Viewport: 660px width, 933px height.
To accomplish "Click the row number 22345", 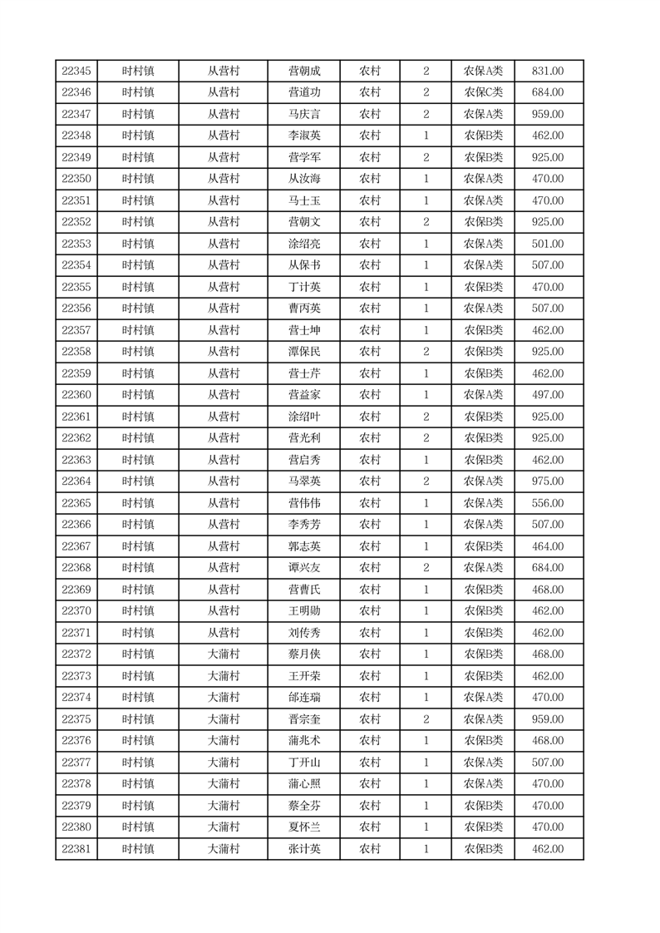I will click(76, 72).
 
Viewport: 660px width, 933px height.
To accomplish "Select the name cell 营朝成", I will click(303, 72).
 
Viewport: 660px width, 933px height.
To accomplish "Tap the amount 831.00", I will click(547, 72).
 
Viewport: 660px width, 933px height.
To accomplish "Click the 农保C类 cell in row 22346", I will click(483, 93).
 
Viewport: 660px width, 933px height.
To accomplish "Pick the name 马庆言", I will click(303, 115).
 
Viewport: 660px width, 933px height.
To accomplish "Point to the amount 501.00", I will click(547, 244).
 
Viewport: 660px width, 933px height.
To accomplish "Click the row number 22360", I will click(76, 395).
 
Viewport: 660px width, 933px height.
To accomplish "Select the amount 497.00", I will click(547, 395).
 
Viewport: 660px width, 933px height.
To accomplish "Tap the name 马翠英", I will click(303, 481).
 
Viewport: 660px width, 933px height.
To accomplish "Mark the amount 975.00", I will click(547, 481).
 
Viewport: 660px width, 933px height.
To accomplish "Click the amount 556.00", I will click(547, 503).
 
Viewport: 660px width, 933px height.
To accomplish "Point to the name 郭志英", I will click(303, 546).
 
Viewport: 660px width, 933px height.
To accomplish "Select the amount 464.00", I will click(547, 546).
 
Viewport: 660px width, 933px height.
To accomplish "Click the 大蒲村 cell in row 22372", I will click(223, 654).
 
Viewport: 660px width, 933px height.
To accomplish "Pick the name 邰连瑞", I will click(303, 698).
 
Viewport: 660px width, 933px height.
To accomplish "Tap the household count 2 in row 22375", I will click(426, 719).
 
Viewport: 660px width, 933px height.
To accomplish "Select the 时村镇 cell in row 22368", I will click(138, 568).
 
